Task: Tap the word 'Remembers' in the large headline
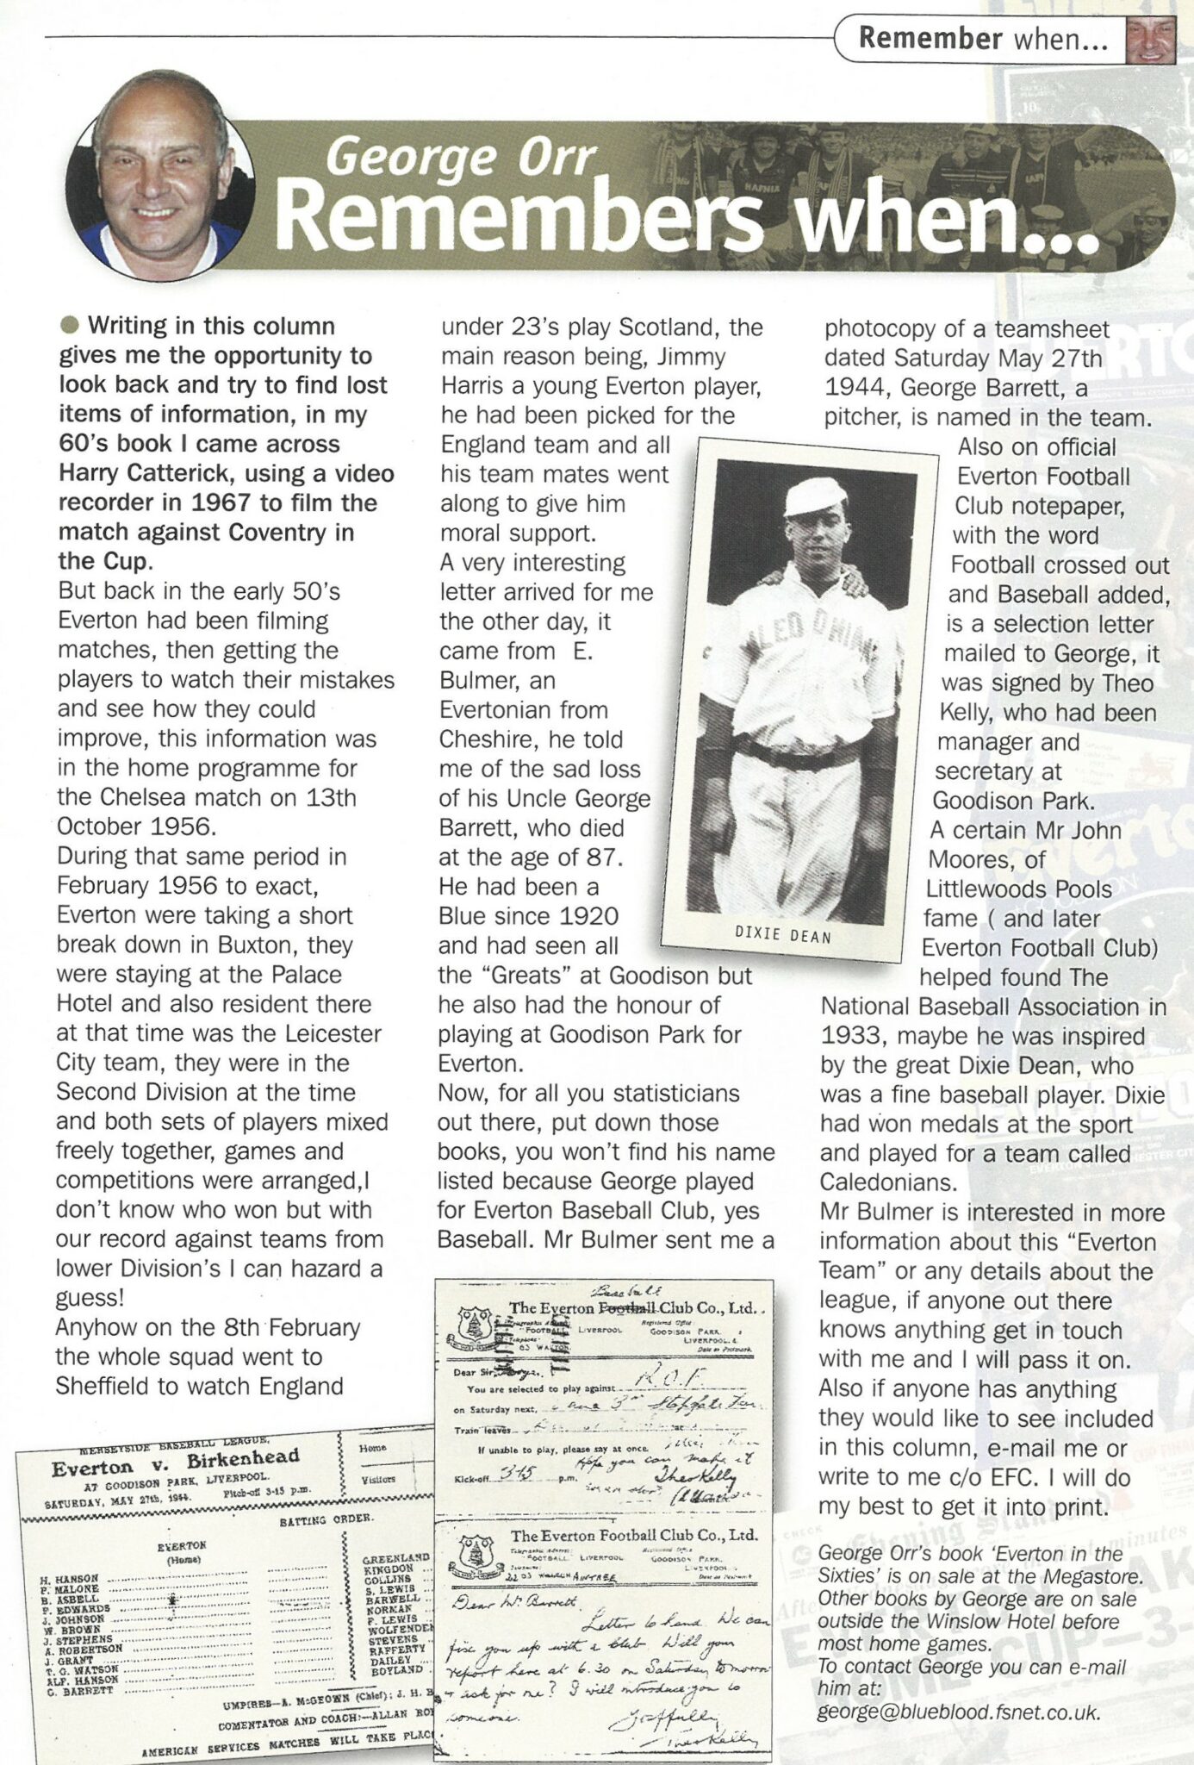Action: coord(521,218)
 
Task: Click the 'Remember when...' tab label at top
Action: coord(982,40)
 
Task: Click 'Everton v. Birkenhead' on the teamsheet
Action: coord(174,1461)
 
